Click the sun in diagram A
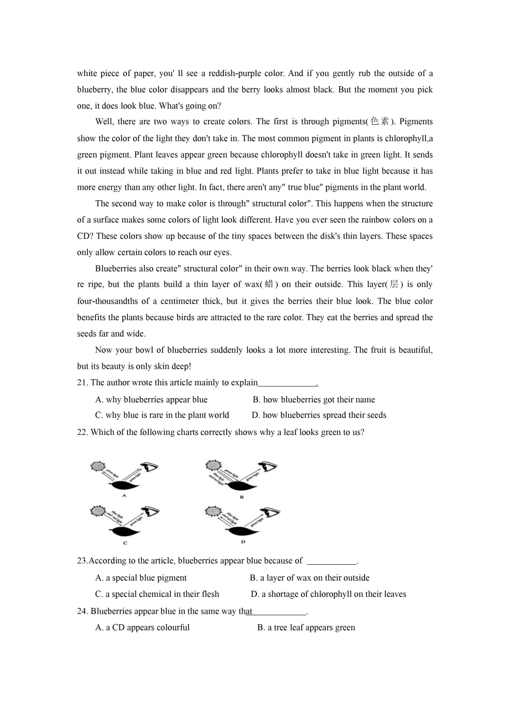pos(98,467)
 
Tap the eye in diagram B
pos(270,467)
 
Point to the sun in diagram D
pos(213,511)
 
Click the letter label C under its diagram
pos(125,543)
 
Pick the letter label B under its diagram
pos(242,497)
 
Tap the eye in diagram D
pos(273,512)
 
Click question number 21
pos(82,382)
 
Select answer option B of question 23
pos(309,577)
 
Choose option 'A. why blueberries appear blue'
pos(151,399)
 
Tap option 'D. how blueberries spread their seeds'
pos(319,415)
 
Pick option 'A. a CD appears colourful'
pos(142,627)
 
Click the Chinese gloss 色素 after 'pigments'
pos(380,121)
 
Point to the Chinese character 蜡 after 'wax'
pos(269,284)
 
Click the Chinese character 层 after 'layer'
pos(394,284)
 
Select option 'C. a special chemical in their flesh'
pos(157,594)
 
